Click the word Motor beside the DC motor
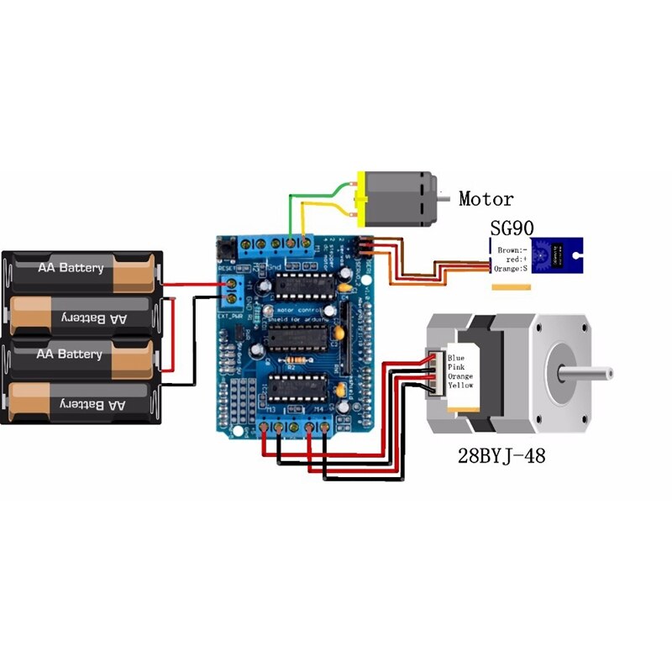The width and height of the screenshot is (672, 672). (486, 199)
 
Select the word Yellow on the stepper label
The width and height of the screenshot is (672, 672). (461, 385)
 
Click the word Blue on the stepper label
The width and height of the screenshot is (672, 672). (455, 357)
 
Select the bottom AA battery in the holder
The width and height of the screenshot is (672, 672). (81, 405)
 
